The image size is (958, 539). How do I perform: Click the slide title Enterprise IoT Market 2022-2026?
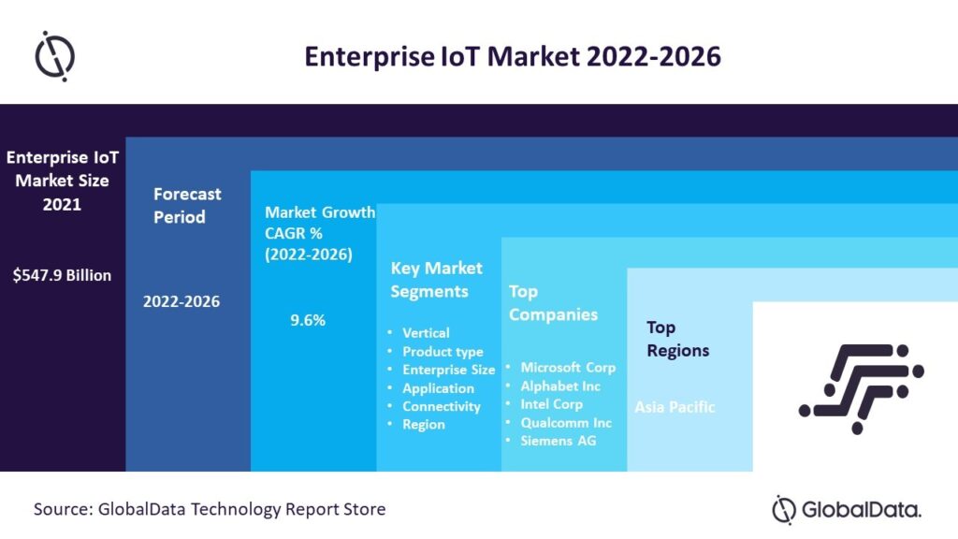513,56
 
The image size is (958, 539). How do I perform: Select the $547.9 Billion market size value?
63,275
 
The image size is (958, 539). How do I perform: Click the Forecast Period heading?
187,205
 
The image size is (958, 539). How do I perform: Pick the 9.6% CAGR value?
308,320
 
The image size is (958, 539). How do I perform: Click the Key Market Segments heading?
436,280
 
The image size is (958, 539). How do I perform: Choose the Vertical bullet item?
426,333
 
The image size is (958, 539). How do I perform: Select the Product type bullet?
443,352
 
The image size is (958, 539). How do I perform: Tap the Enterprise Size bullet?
448,370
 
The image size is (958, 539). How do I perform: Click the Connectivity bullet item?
441,406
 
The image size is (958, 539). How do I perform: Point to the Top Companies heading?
553,303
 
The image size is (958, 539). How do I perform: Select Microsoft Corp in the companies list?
568,368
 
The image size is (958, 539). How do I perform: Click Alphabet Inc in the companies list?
560,386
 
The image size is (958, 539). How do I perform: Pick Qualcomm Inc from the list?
565,422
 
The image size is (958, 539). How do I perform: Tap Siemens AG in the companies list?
559,441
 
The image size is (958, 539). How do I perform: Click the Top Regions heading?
678,339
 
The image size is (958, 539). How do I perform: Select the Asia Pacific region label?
675,407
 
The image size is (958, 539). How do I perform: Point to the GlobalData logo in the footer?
847,510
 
